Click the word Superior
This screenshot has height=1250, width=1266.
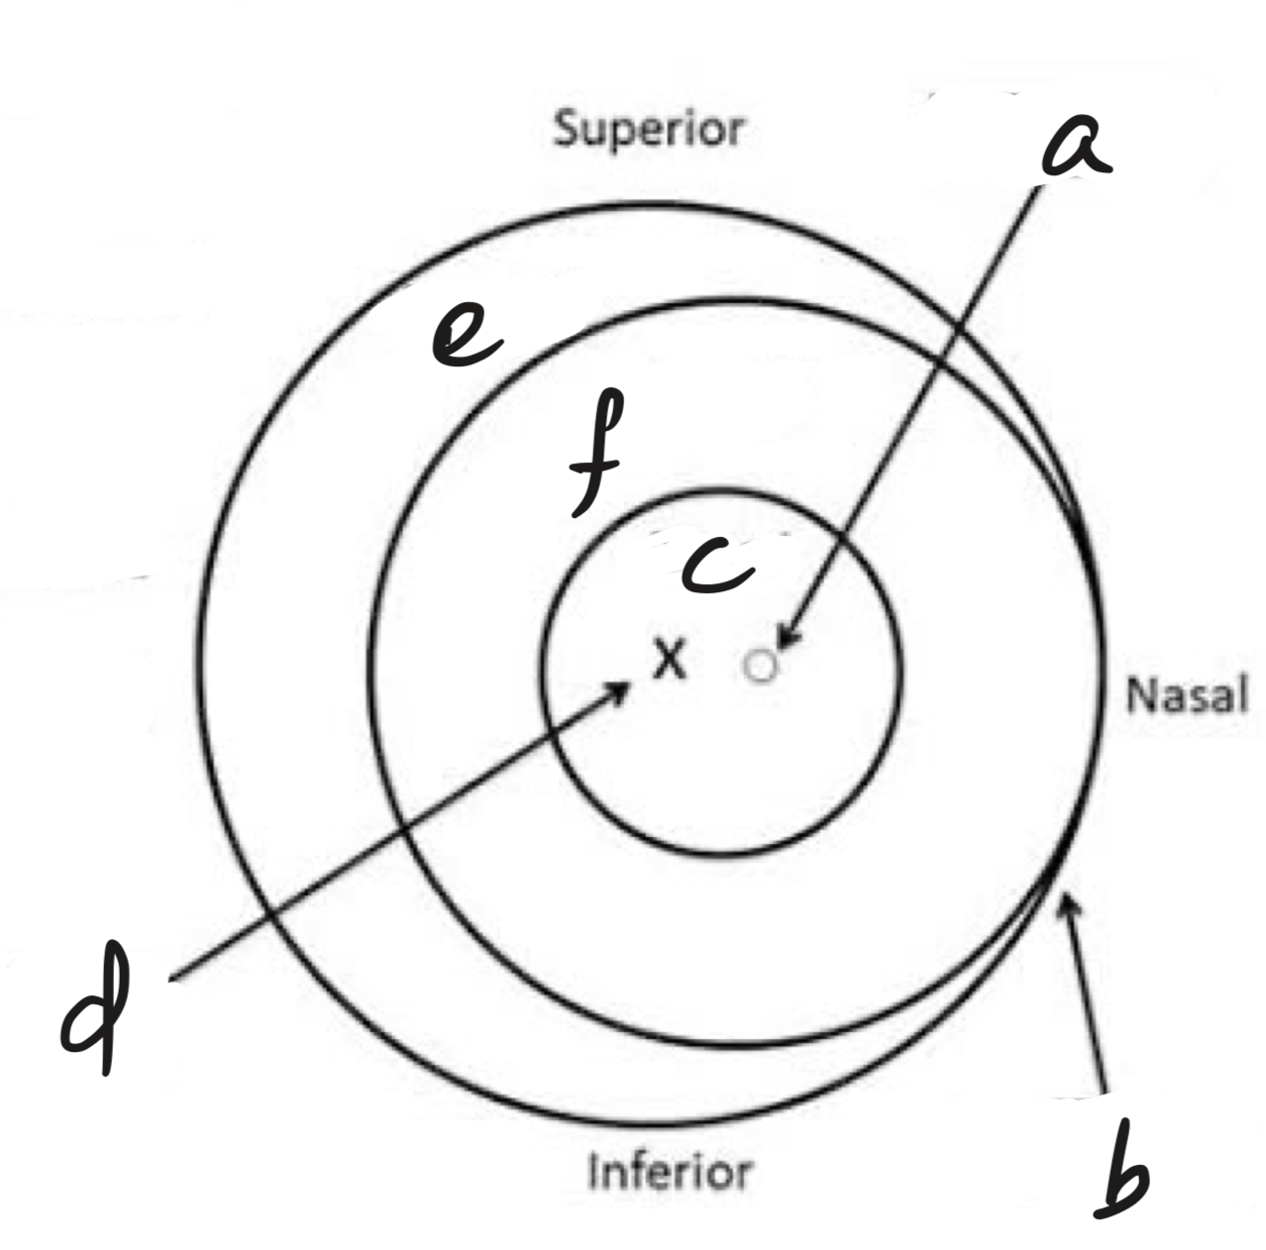coord(649,131)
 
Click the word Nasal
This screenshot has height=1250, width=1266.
coord(1187,694)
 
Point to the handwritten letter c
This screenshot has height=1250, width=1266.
coord(717,566)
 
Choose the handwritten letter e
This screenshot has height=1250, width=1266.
coord(467,333)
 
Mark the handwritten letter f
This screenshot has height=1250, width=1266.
coord(595,453)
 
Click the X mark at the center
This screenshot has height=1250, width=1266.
coord(670,659)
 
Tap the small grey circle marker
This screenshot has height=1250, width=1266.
coord(761,667)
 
